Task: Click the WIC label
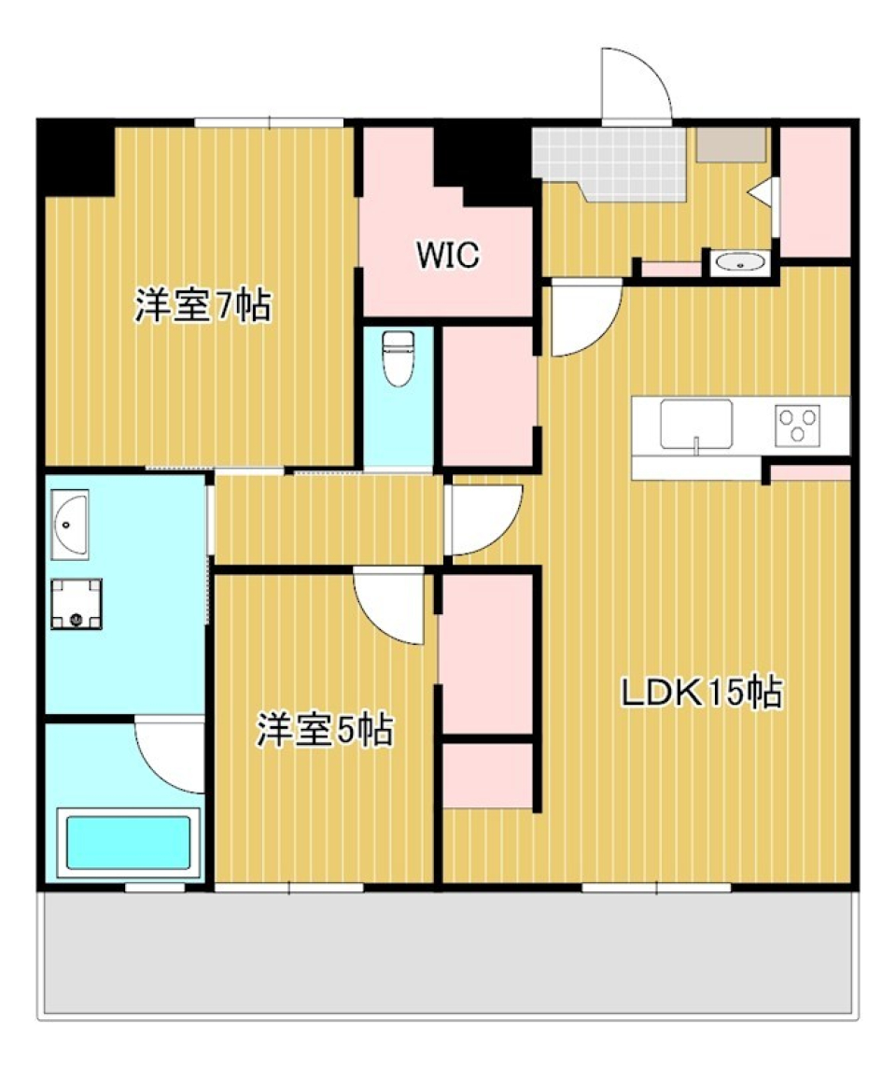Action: [448, 254]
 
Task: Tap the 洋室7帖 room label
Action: [203, 305]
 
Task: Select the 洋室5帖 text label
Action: [324, 730]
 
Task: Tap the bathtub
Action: [128, 843]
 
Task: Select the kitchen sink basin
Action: [696, 425]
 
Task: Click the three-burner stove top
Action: [798, 425]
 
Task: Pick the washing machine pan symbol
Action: [76, 603]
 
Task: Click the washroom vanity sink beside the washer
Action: [70, 526]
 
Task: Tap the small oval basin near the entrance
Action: [741, 264]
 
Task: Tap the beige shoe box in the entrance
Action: [731, 145]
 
